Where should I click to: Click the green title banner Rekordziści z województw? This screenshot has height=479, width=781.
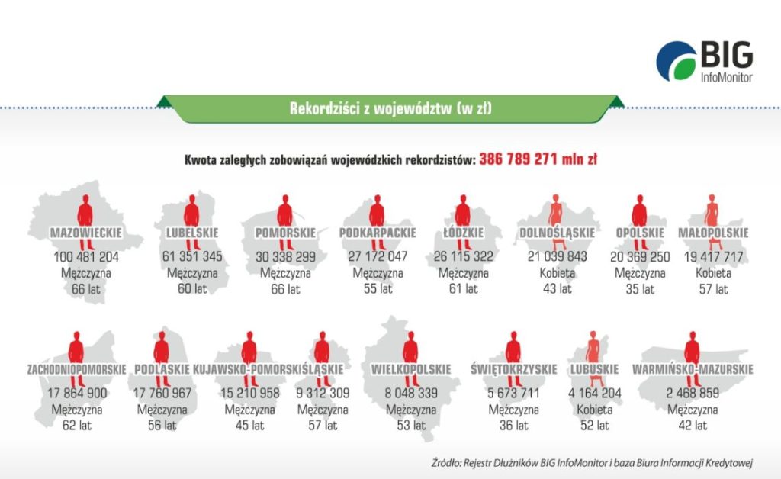click(390, 108)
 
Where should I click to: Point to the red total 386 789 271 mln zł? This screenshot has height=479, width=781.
click(538, 160)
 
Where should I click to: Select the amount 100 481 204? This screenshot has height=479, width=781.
click(86, 257)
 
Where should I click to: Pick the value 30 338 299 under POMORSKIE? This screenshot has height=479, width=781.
click(284, 257)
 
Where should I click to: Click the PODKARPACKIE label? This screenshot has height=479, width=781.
click(377, 233)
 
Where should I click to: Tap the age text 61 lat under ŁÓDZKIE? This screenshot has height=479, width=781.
click(462, 289)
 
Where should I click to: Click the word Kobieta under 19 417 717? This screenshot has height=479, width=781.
click(713, 273)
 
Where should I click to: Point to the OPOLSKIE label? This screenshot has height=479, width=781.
click(639, 233)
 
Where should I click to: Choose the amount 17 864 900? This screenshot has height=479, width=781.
click(76, 394)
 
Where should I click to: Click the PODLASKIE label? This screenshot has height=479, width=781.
click(162, 370)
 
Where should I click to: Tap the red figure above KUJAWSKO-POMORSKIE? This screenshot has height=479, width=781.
click(249, 351)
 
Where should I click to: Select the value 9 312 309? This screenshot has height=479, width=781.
click(323, 394)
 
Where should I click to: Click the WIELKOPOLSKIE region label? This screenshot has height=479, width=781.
click(411, 370)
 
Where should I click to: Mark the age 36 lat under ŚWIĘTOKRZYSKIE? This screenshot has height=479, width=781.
click(513, 426)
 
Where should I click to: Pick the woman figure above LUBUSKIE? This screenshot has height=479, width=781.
click(592, 351)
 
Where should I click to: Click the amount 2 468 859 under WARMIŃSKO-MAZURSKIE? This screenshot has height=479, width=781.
click(693, 394)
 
